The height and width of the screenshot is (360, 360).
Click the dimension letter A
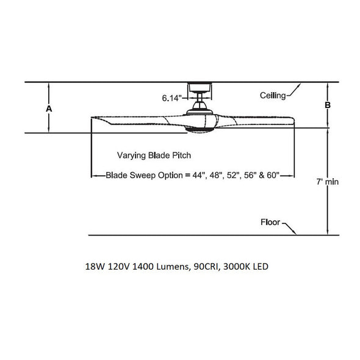click(49, 109)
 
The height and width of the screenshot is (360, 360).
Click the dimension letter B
click(328, 105)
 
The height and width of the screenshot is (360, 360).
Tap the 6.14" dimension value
click(171, 98)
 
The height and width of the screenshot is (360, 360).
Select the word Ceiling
click(273, 95)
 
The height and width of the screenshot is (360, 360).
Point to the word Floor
click(270, 222)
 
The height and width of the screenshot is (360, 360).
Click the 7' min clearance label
click(328, 182)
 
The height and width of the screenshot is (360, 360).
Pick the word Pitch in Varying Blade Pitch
click(182, 156)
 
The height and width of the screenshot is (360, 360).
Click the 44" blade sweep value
click(199, 175)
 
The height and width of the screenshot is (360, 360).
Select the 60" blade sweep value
click(273, 175)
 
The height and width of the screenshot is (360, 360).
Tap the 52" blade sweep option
click(233, 175)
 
